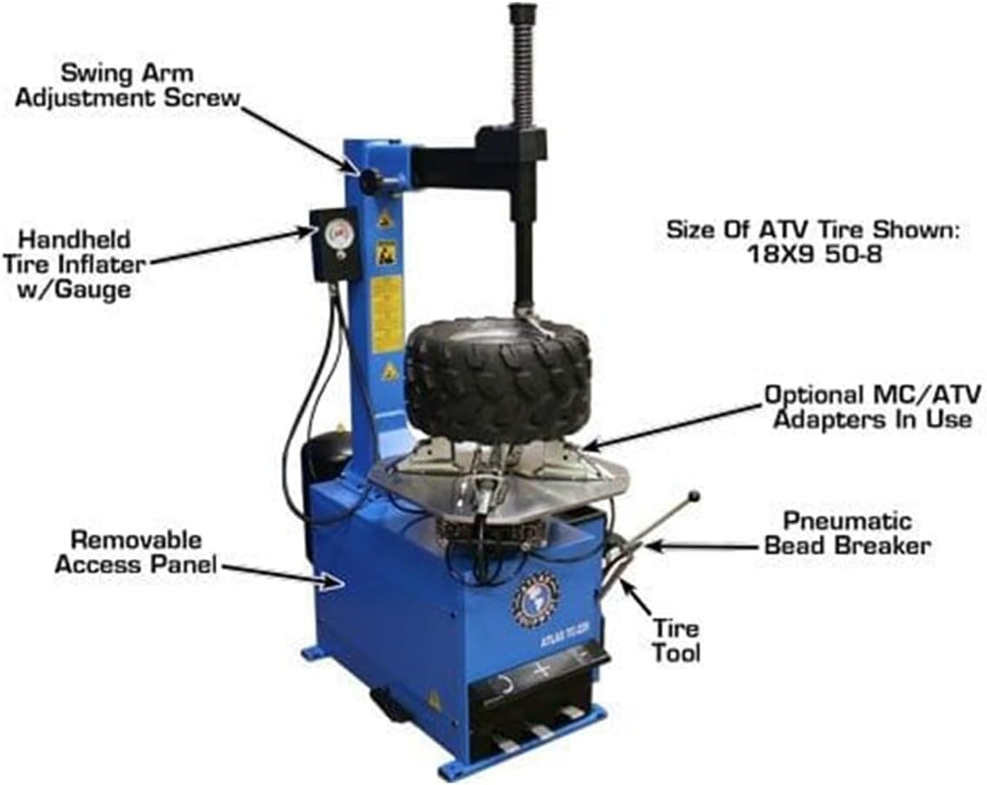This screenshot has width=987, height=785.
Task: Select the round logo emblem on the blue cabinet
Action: tap(530, 597)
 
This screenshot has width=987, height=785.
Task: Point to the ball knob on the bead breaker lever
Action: tap(694, 497)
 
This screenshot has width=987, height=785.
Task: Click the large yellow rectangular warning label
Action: tap(388, 314)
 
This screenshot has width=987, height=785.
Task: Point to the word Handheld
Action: tap(75, 238)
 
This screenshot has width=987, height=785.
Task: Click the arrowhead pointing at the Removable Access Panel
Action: tap(334, 582)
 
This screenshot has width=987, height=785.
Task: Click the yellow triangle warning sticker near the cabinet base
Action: tap(433, 699)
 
